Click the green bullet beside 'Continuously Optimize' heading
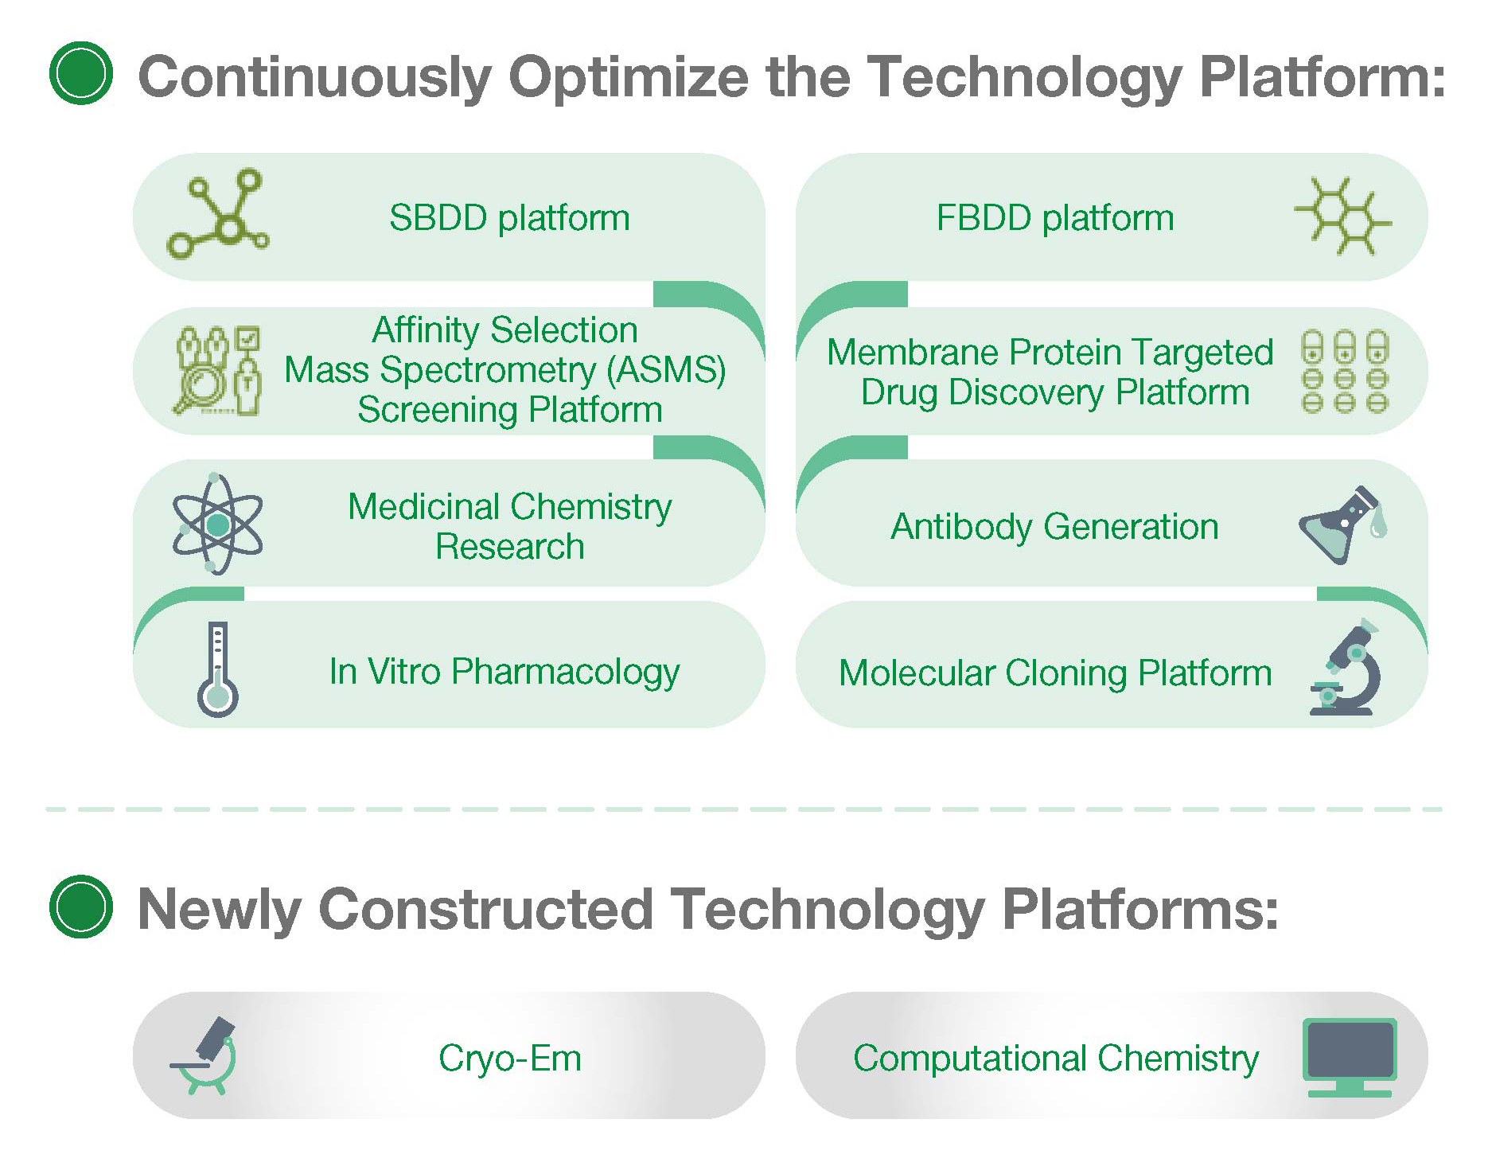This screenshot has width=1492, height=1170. coord(81,73)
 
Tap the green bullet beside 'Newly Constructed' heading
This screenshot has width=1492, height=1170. coord(81,907)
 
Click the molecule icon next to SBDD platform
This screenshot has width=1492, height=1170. coord(217,213)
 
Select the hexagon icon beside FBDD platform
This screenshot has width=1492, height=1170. coord(1342,216)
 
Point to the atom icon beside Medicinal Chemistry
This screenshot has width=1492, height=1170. coord(217,524)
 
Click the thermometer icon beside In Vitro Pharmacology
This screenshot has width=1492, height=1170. coord(218,669)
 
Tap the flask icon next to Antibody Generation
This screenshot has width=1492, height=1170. coord(1343,525)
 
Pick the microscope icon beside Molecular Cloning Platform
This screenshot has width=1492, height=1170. coord(1345,667)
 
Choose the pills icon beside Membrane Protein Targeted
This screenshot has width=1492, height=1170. coord(1344,372)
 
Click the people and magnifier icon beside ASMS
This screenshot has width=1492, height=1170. coord(217,371)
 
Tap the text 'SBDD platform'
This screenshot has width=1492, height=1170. coord(509,218)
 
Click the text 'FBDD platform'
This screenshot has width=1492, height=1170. coord(1055,218)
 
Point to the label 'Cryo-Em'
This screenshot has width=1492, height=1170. coord(510,1059)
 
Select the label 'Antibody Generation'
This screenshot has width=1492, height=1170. coord(1054,527)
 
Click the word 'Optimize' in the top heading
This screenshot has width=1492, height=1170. coord(629,78)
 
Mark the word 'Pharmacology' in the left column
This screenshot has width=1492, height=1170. coord(566,673)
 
